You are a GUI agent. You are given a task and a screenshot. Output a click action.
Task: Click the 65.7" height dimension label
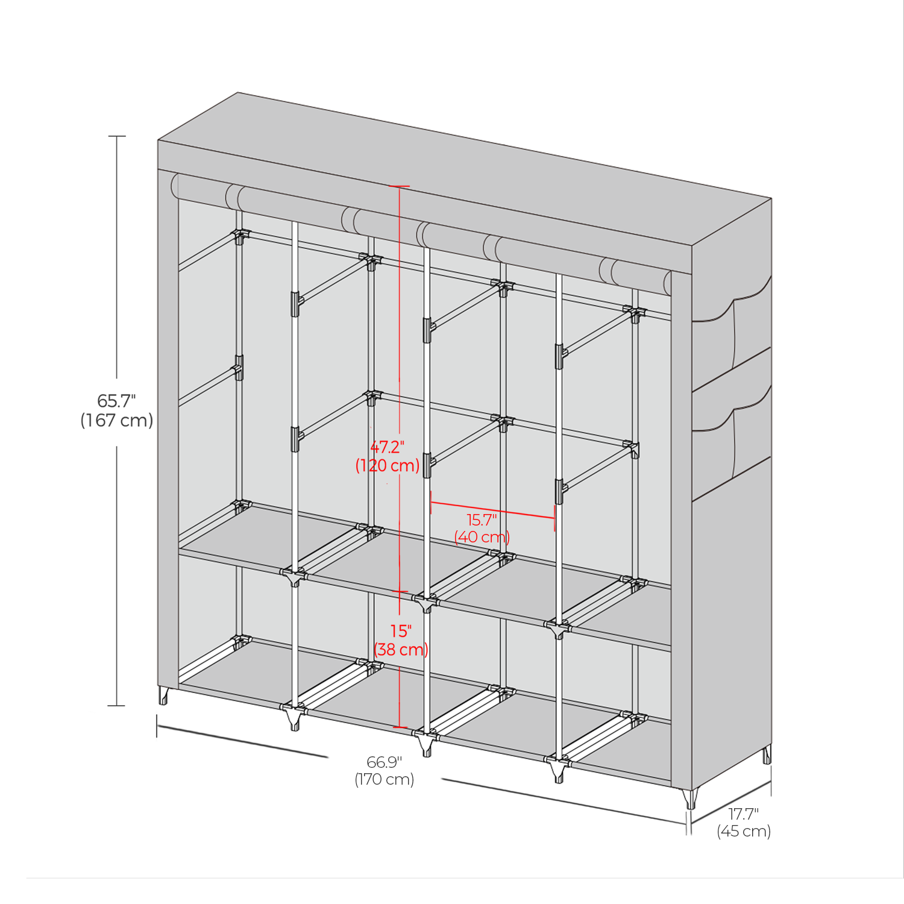coord(116,401)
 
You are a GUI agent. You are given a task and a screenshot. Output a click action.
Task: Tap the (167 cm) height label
coord(117,420)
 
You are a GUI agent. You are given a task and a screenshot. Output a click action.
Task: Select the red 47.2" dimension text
coord(387,447)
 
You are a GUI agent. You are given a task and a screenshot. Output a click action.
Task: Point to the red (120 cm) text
coord(387,465)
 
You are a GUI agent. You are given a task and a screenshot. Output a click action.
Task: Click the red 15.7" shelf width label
coord(482,519)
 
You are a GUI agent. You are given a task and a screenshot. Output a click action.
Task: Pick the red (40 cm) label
coord(482,536)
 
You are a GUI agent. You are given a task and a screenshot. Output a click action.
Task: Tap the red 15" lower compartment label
coord(401,631)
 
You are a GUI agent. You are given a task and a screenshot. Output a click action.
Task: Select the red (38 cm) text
coord(401,649)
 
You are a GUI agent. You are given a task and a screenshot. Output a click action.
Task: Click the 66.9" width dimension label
coord(385,762)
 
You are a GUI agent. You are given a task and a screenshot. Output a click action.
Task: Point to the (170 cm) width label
coord(385,779)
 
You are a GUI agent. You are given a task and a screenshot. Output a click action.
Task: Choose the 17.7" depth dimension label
coord(744,814)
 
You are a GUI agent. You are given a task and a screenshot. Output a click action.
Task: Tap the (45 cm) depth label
coord(744,831)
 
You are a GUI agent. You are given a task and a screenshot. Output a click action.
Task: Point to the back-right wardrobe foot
coord(767,755)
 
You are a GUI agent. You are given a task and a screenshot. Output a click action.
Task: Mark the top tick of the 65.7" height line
coord(117,137)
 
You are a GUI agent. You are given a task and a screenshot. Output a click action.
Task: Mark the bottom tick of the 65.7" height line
coord(116,705)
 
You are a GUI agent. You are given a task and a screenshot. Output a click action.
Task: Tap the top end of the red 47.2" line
coord(398,186)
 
